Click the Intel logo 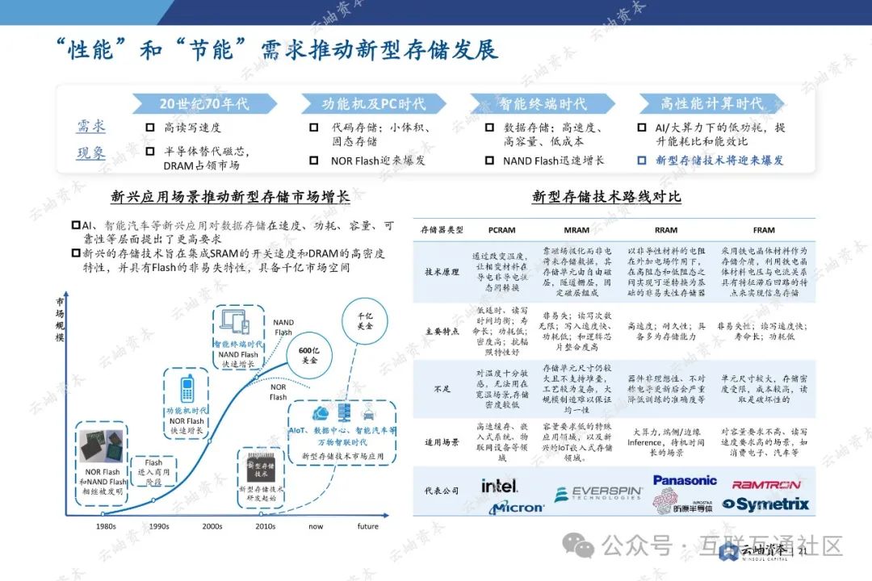tap(499, 485)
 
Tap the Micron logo tap(517, 507)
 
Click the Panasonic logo tap(685, 480)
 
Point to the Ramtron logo tap(766, 485)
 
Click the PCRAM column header tap(501, 230)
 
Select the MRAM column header tap(576, 230)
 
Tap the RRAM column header tap(665, 230)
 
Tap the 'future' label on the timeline tap(367, 526)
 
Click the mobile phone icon tap(187, 387)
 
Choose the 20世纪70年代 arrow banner tap(205, 103)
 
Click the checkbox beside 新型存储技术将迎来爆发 tap(642, 161)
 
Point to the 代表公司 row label tap(443, 491)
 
